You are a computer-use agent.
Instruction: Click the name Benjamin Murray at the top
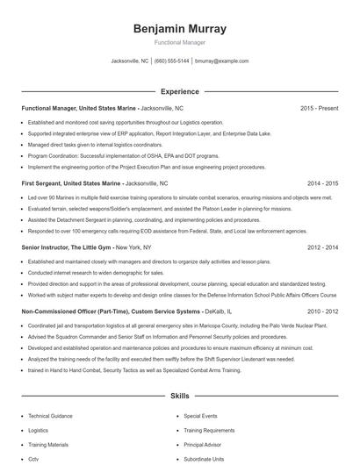[179, 28]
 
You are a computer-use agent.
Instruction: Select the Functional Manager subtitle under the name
[179, 42]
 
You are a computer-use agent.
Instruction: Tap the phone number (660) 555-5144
[171, 61]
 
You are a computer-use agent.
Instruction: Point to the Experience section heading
[179, 91]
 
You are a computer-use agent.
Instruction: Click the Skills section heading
[179, 396]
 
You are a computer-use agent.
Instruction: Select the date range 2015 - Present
[319, 108]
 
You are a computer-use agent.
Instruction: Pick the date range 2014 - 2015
[322, 184]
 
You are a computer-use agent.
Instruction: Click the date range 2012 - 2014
[322, 248]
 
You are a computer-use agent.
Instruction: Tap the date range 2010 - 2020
[322, 311]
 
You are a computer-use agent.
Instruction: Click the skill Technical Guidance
[49, 416]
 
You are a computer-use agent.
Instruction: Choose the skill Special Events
[200, 416]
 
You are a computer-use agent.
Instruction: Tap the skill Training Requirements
[209, 431]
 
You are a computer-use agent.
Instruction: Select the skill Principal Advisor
[203, 445]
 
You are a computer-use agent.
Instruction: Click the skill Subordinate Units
[204, 459]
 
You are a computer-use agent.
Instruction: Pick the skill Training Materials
[47, 445]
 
